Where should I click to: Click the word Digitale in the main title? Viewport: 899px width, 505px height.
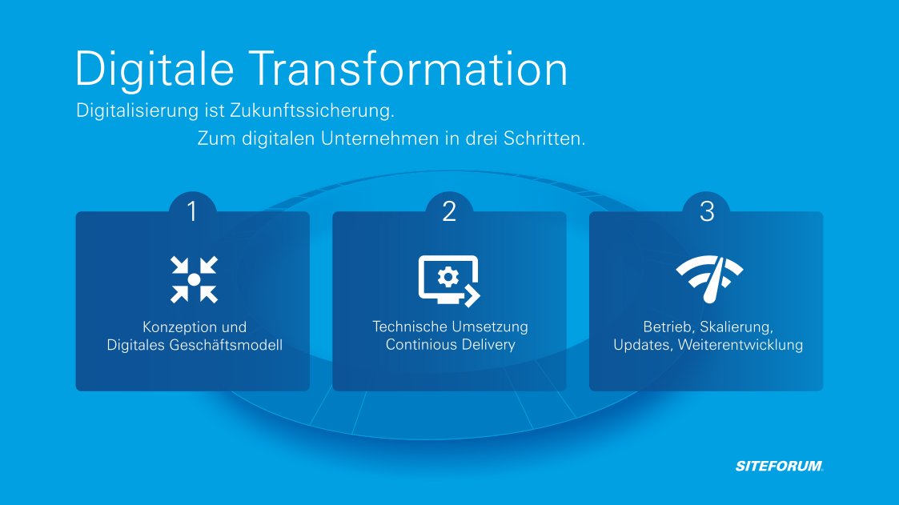pyautogui.click(x=154, y=69)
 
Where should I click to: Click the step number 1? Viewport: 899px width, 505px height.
pyautogui.click(x=192, y=212)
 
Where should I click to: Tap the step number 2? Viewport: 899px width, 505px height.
pyautogui.click(x=449, y=212)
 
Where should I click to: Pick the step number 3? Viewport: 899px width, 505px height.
pyautogui.click(x=706, y=212)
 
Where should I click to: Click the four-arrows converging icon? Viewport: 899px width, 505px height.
pyautogui.click(x=193, y=280)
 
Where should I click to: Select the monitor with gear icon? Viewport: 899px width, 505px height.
pyautogui.click(x=449, y=280)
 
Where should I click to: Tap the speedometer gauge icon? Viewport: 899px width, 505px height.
pyautogui.click(x=709, y=279)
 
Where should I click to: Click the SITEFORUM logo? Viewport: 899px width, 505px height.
pyautogui.click(x=779, y=466)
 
